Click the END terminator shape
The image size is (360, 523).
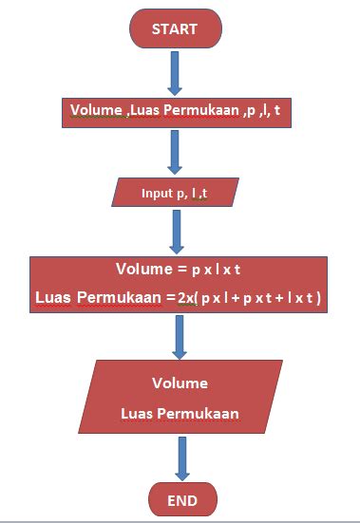tap(182, 499)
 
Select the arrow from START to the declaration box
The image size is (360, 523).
tap(174, 71)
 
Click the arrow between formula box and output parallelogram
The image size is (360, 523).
tap(179, 336)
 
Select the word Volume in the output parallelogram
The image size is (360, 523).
tap(180, 384)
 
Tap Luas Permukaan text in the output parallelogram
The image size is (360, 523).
tap(180, 414)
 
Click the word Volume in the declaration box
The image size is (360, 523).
tap(94, 111)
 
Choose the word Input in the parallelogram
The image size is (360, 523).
tap(157, 193)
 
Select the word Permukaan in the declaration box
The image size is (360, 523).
tap(194, 111)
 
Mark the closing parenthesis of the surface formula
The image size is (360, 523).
tap(319, 298)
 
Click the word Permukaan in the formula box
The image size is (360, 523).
tap(108, 298)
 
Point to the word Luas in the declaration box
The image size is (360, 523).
tap(141, 111)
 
